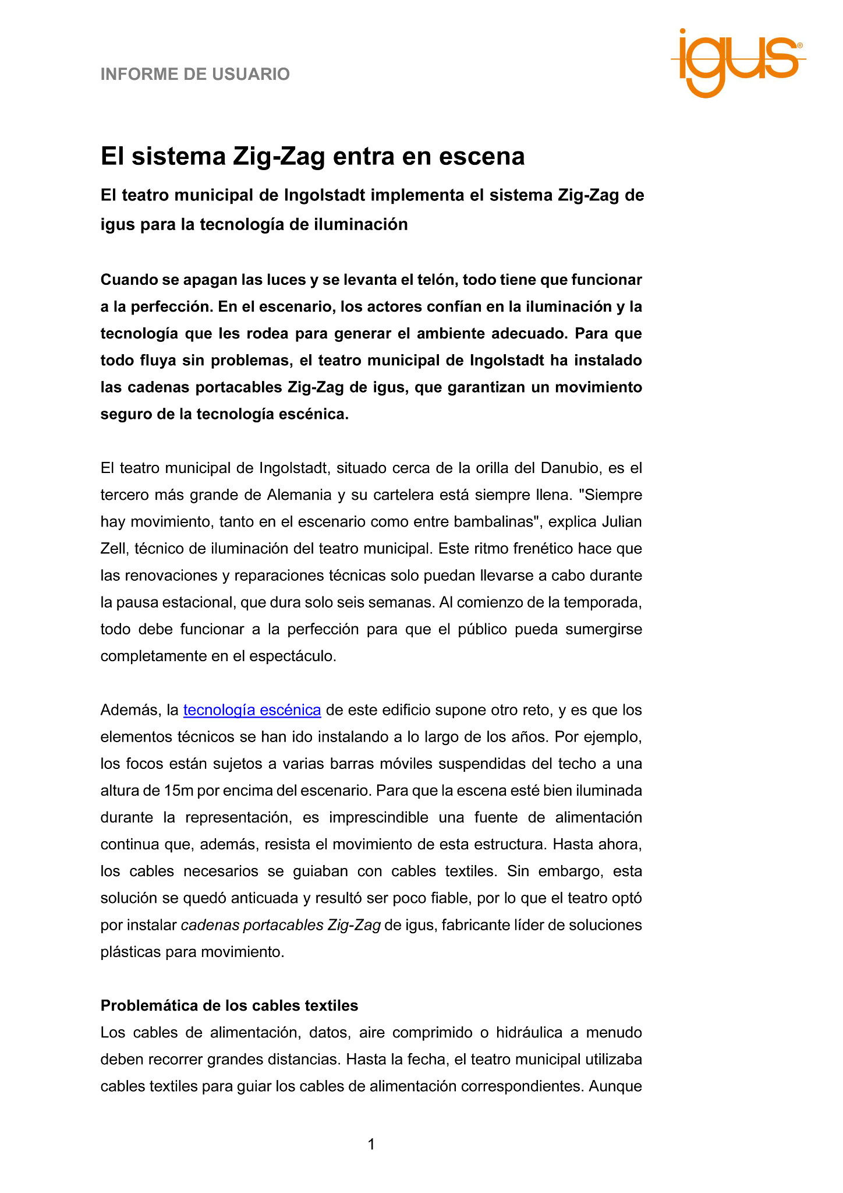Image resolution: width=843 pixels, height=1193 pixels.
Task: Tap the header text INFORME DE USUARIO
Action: click(x=195, y=75)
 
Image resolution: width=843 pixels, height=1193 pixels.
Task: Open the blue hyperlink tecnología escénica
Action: click(x=252, y=710)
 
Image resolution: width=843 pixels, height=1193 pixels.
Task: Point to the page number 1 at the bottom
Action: click(x=371, y=1145)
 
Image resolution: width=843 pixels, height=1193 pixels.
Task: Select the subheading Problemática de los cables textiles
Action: click(x=229, y=1005)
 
